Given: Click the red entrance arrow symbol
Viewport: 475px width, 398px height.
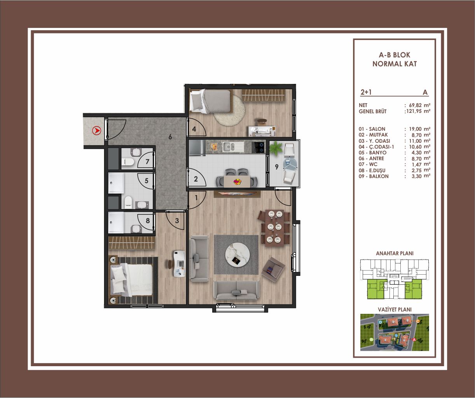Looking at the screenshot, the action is [x=96, y=131].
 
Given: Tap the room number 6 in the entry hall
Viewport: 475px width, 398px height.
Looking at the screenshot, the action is [x=170, y=137].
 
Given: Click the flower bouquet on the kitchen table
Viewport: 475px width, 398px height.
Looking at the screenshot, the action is [x=237, y=182].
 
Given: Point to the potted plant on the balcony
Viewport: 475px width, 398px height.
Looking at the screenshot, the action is [x=276, y=148].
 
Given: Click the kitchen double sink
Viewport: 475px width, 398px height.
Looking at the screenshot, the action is [x=229, y=147].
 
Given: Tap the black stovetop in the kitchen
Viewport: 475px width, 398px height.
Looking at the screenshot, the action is [x=258, y=147].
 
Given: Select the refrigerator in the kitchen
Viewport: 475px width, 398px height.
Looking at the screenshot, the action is [x=197, y=148].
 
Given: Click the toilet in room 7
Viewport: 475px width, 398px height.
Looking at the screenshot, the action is [x=127, y=162].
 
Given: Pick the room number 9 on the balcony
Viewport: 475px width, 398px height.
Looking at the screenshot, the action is [x=277, y=167].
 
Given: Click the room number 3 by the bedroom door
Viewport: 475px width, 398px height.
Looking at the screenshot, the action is [x=177, y=220].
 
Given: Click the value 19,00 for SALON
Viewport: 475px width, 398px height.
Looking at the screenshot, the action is [x=415, y=129].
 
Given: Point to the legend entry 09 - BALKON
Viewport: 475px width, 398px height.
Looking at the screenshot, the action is [x=374, y=176].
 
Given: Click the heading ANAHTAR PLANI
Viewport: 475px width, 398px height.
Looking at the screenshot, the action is [x=395, y=253].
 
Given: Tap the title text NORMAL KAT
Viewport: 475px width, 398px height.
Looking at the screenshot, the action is [x=395, y=64].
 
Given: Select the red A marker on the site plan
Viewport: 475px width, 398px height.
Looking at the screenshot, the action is [x=414, y=346].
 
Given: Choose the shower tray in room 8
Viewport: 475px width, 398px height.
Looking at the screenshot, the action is [x=116, y=223].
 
